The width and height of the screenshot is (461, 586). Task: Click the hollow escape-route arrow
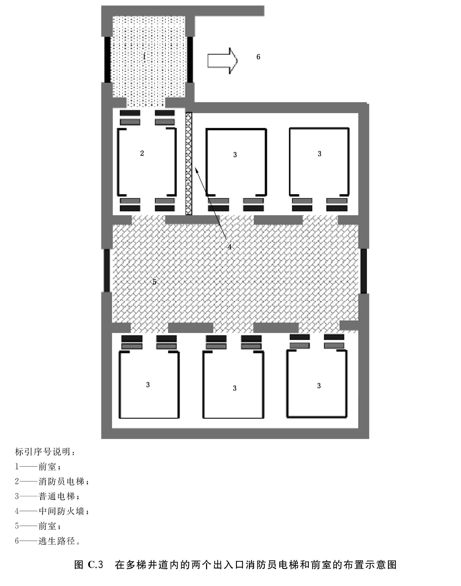pos(222,60)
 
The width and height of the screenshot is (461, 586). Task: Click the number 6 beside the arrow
pos(258,57)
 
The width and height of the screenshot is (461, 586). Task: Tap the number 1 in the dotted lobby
pos(144,57)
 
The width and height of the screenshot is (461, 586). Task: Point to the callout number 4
pos(229,247)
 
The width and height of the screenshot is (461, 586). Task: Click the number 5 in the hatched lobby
pos(154,282)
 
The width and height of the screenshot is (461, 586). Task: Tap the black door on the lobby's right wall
pos(363,271)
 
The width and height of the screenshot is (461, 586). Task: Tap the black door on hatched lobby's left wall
pos(107,270)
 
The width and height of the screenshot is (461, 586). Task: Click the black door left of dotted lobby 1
pos(107,59)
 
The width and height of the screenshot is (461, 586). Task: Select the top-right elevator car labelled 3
pos(319,162)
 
